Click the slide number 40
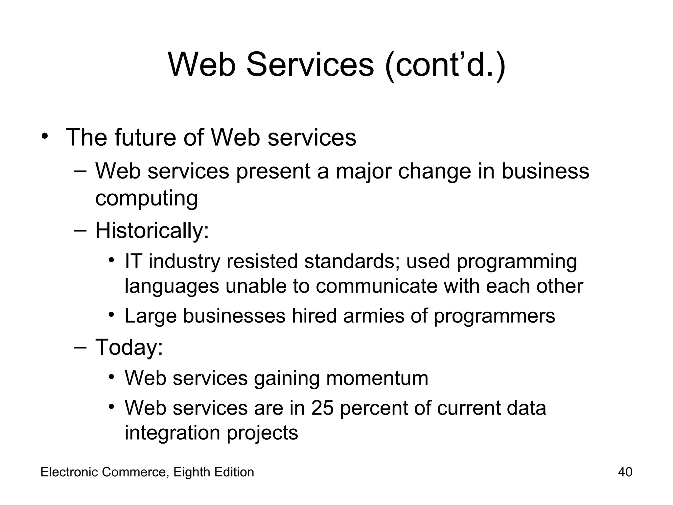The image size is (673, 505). coord(625,472)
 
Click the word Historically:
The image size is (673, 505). coord(152,230)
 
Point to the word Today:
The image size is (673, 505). coord(129,347)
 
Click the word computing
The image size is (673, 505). coord(147,199)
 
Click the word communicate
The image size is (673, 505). coord(376,286)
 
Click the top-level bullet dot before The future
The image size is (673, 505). coord(45,136)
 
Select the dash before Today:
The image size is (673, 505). coord(80,347)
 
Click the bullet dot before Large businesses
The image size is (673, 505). coord(112,315)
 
